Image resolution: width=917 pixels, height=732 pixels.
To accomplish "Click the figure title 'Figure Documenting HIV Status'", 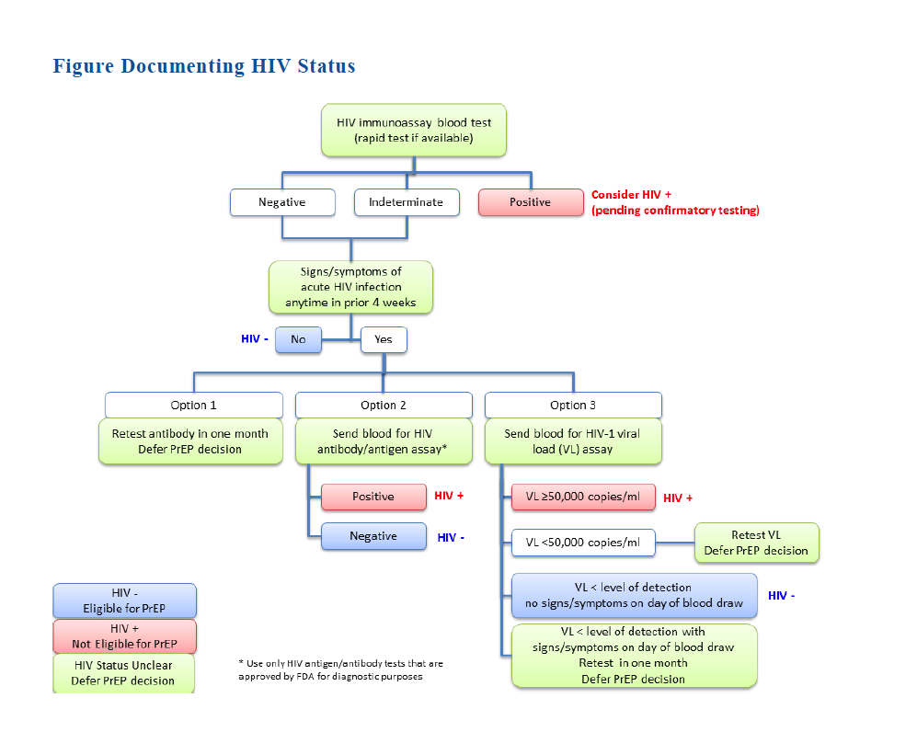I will [203, 66].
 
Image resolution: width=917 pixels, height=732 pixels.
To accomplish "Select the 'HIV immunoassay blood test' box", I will [414, 130].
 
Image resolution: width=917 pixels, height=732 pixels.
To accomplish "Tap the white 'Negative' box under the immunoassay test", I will [281, 202].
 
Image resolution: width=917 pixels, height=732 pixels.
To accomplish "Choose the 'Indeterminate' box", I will [406, 202].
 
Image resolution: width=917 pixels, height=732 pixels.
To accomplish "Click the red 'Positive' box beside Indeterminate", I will [530, 202].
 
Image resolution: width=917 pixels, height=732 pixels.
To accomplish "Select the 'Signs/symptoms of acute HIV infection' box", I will [350, 287].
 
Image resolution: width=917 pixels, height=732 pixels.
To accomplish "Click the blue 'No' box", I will [298, 339].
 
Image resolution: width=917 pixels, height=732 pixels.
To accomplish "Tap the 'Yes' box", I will [383, 339].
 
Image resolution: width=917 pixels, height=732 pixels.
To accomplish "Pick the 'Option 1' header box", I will [194, 405].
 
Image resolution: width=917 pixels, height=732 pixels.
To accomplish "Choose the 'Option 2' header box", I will [384, 405].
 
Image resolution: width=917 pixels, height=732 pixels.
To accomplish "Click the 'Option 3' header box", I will [573, 405].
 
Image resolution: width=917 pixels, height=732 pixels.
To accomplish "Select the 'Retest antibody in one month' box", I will [190, 441].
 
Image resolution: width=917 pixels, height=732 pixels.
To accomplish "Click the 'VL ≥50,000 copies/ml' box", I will [582, 498].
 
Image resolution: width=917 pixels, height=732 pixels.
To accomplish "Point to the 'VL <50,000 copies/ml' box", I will [582, 543].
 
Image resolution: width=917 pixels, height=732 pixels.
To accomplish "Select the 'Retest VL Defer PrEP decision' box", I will [756, 543].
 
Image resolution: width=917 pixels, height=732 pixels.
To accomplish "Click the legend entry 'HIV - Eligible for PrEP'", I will [124, 600].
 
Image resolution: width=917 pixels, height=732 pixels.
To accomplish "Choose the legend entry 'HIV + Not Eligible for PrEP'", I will [124, 636].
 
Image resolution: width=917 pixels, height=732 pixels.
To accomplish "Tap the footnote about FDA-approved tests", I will [340, 669].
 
